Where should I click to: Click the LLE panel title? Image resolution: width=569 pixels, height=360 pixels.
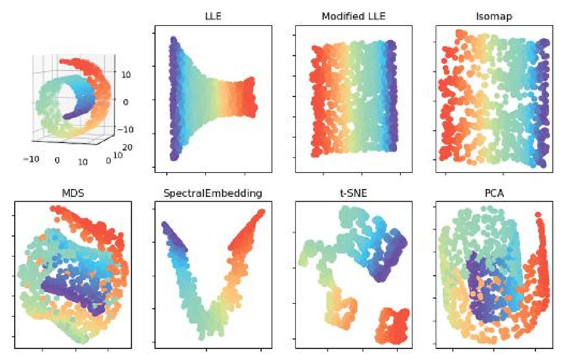(x=213, y=16)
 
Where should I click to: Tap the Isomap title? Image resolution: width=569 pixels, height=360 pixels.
(x=494, y=16)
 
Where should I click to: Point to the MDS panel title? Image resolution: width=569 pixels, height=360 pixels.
(x=73, y=193)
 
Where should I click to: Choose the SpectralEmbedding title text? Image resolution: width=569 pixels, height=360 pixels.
(x=213, y=193)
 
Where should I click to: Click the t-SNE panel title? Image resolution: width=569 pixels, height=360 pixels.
(x=353, y=193)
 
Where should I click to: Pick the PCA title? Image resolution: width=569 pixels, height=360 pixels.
(x=494, y=193)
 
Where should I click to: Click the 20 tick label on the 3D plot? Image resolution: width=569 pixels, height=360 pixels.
(x=127, y=147)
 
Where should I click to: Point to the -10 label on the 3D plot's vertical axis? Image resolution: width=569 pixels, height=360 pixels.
(x=125, y=129)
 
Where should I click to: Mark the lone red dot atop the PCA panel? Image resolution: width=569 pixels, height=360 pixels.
(x=538, y=215)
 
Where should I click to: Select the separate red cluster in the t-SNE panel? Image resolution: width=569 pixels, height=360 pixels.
(x=392, y=325)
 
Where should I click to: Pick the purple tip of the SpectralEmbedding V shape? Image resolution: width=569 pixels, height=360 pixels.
(x=166, y=226)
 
